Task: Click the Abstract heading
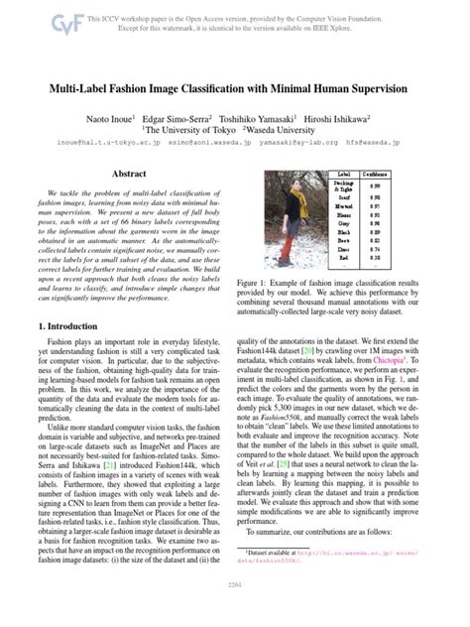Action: tap(130, 174)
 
